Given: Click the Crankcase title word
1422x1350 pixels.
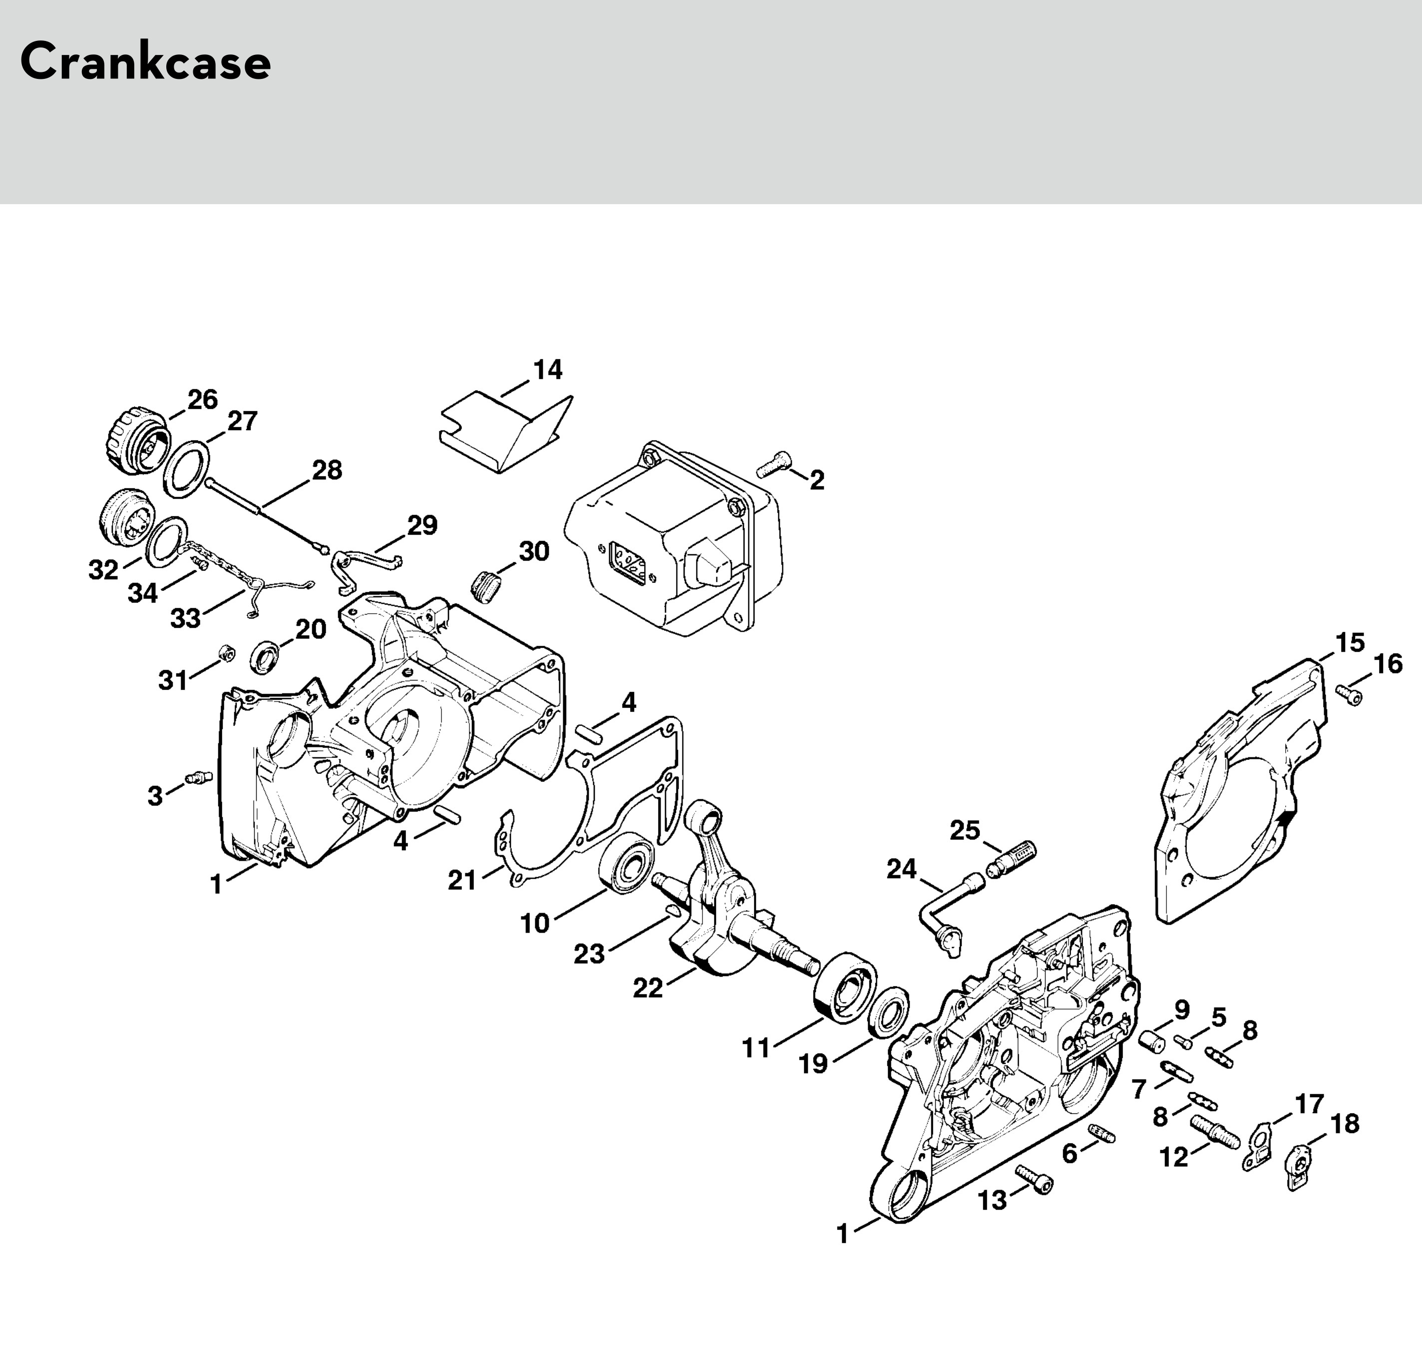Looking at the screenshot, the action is [x=145, y=62].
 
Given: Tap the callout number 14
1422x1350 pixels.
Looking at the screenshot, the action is [x=548, y=370].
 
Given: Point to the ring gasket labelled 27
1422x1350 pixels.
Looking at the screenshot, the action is [x=186, y=469].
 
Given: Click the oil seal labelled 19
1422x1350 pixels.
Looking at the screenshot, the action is [x=889, y=1012].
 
